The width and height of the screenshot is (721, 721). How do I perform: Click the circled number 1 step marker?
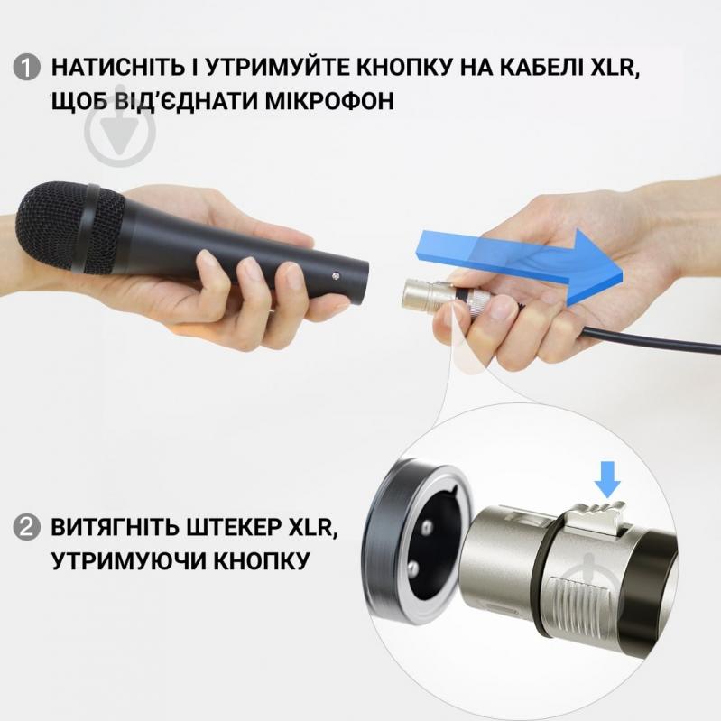[28, 67]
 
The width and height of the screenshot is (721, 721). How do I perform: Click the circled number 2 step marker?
[28, 527]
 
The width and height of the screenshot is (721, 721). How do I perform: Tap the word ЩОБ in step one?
[79, 99]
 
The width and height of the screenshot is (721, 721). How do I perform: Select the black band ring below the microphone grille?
[90, 229]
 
